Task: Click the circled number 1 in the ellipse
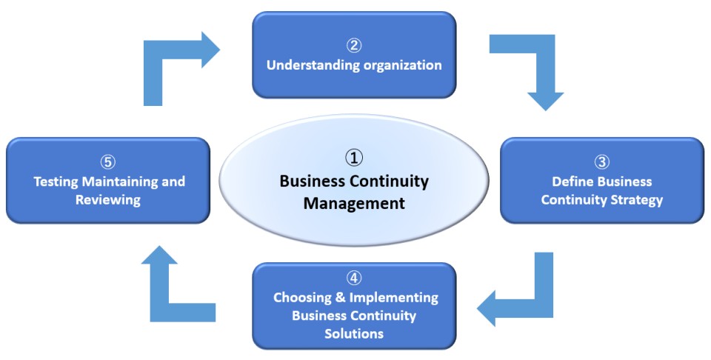tap(354, 157)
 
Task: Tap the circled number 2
tap(354, 46)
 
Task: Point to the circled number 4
tap(354, 279)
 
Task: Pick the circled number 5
tap(108, 161)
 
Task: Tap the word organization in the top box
tap(402, 65)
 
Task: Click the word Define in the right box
tap(571, 181)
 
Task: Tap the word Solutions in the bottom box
tap(354, 333)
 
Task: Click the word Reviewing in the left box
tap(108, 200)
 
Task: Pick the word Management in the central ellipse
tap(354, 202)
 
